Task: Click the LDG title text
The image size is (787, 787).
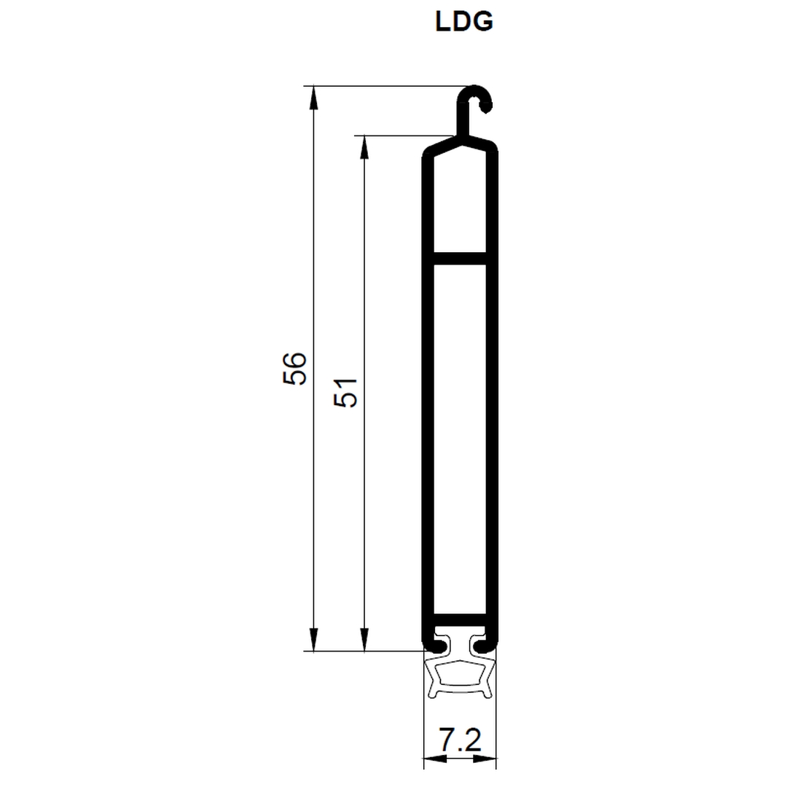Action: pos(464,22)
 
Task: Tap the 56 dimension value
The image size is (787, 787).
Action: pos(294,369)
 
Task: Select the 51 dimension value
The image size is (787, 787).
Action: pos(345,392)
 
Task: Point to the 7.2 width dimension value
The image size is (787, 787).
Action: pos(460,740)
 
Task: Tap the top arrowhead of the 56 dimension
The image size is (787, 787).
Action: pos(313,98)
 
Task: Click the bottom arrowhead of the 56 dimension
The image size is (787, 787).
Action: pos(313,640)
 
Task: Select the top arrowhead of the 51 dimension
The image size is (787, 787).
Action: pos(364,147)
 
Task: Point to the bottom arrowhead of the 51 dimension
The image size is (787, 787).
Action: pos(364,640)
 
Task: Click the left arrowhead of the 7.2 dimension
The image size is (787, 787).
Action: pos(434,759)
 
